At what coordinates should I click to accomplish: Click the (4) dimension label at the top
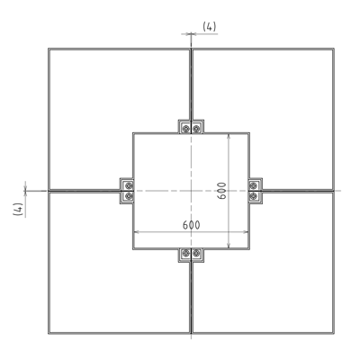209,26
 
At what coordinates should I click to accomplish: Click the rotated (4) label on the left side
16,208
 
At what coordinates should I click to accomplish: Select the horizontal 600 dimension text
190,223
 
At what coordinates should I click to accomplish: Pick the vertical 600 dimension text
221,190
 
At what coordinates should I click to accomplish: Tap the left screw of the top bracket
185,127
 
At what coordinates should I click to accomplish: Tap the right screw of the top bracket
197,127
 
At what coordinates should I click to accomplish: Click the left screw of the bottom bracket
185,255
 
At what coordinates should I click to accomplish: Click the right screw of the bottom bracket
197,255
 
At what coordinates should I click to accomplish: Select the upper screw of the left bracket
128,185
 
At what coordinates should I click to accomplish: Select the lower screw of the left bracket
128,196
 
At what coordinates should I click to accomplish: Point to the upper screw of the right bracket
254,185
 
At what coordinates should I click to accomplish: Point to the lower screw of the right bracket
254,196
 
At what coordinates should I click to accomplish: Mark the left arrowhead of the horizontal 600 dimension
136,232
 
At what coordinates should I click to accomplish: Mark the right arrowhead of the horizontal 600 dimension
246,232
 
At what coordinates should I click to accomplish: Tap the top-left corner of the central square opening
134,134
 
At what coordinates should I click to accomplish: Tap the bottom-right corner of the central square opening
248,248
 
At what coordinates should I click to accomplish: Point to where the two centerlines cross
192,191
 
